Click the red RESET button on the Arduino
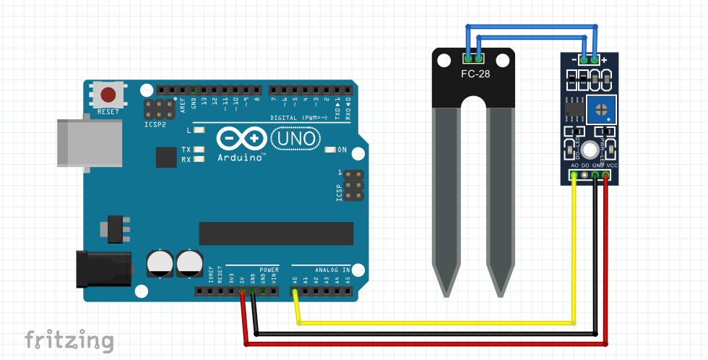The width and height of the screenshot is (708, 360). [x=108, y=94]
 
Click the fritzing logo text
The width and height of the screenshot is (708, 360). [x=69, y=340]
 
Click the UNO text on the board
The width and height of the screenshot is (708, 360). [x=293, y=137]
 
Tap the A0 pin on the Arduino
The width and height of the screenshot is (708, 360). [x=295, y=292]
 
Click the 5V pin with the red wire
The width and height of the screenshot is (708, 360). [x=242, y=292]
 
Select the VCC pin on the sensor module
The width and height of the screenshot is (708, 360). [x=606, y=176]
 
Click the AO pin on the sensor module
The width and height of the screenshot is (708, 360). [x=575, y=176]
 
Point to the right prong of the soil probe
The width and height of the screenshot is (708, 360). [x=501, y=202]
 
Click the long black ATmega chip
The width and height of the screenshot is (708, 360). [x=276, y=233]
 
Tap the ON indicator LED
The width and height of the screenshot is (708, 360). [x=331, y=150]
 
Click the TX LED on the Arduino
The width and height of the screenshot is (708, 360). [x=198, y=150]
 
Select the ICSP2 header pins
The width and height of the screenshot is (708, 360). [x=159, y=110]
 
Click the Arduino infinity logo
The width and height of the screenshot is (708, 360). [x=241, y=137]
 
